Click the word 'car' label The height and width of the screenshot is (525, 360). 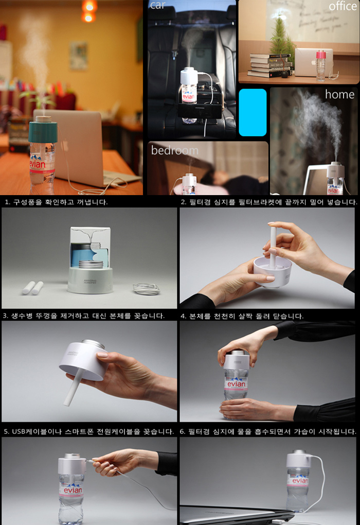coord(157,5)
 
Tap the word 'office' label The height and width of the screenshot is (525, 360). coord(343,6)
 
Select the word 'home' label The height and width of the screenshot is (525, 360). coord(339,94)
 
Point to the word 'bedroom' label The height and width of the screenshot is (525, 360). coord(175,150)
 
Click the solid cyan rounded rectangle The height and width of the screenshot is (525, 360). coord(253,112)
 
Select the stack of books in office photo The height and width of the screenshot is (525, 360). coord(270,65)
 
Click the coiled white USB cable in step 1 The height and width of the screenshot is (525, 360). coord(147,288)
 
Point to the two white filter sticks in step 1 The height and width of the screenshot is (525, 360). coord(33,288)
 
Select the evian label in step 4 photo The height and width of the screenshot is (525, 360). coord(236,384)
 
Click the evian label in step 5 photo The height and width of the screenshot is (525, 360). coord(71,490)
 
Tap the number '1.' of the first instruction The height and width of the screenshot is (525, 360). coord(7,202)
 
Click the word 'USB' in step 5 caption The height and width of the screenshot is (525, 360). coord(19,431)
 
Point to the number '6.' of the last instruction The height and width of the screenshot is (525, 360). coord(183,431)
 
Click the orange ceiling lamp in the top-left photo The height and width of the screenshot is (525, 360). coord(88,11)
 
